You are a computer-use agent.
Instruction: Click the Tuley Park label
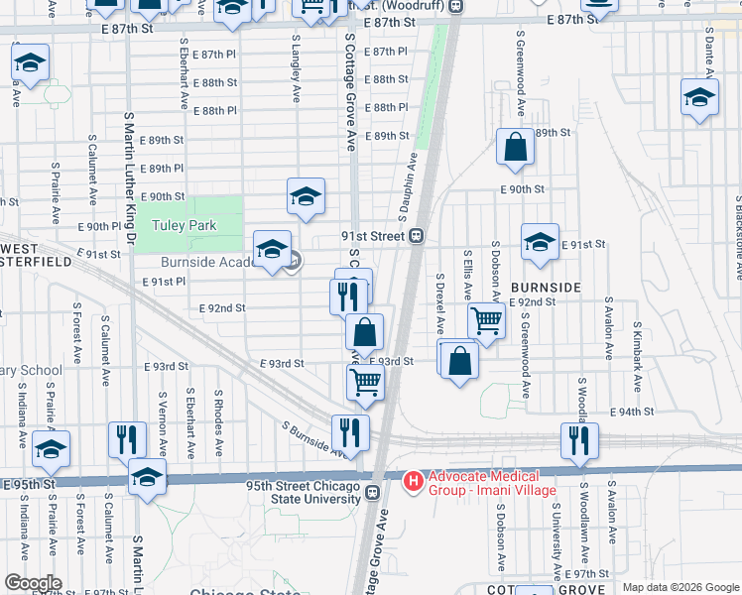coord(184,225)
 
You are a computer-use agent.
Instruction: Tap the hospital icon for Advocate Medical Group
coord(414,480)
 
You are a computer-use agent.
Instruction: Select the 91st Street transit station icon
coord(418,236)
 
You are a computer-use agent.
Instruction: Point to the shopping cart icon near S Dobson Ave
coord(486,321)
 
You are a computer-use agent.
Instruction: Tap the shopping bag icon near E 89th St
coord(516,149)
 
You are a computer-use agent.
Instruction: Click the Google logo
coord(33,582)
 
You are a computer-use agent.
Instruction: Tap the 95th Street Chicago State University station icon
coord(373,492)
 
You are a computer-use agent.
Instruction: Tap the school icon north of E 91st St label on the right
coord(540,242)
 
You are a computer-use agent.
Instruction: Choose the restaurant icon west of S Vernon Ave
coord(126,439)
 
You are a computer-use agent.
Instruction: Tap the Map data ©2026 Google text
coord(680,587)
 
